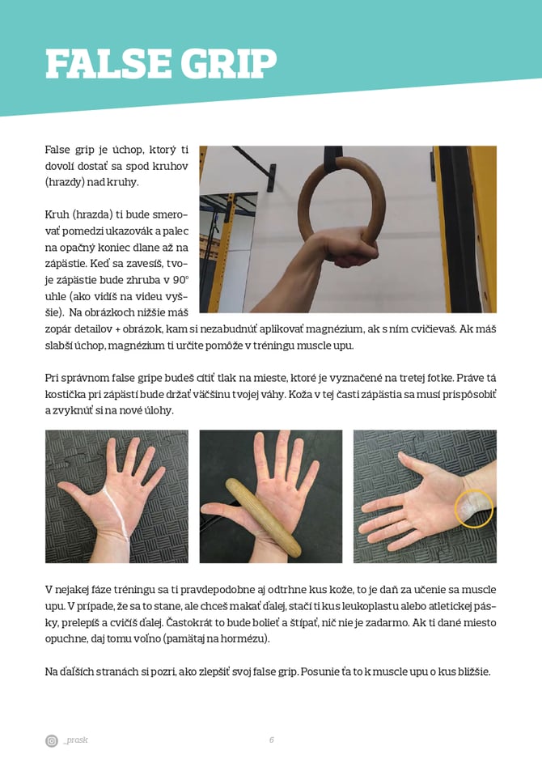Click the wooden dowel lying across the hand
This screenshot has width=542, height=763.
(262, 517)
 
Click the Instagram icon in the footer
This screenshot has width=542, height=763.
(52, 740)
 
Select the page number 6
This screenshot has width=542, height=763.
(272, 740)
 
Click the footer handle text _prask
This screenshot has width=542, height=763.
(75, 740)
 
